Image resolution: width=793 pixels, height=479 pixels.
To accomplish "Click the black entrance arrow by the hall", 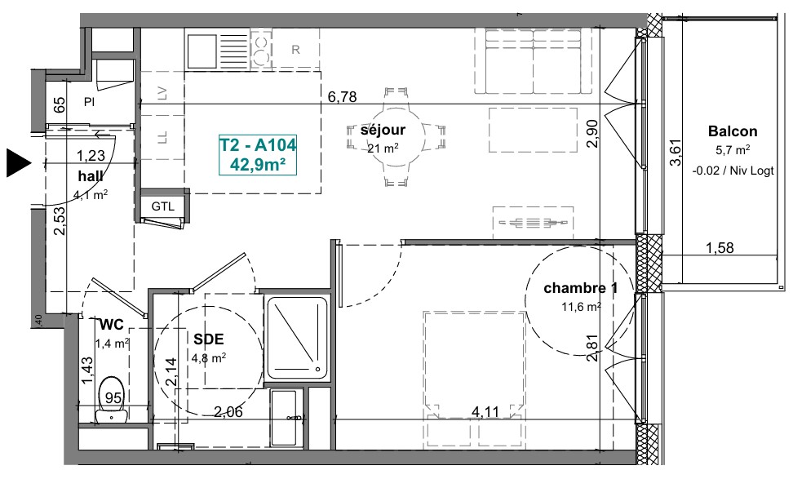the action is [x=18, y=163].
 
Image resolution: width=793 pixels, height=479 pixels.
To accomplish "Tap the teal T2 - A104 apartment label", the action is [x=258, y=144].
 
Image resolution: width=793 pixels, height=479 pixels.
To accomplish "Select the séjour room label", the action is [x=383, y=130].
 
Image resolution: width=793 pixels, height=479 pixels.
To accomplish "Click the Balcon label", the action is [x=733, y=131].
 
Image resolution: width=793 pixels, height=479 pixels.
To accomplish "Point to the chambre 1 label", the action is [x=581, y=288].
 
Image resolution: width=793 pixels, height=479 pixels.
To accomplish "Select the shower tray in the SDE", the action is [x=297, y=339].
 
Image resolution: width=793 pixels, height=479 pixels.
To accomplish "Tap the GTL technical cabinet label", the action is [x=163, y=206].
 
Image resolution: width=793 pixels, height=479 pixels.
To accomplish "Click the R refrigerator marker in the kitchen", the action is [x=296, y=50].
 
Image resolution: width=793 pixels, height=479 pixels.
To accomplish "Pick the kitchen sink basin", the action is [x=202, y=51].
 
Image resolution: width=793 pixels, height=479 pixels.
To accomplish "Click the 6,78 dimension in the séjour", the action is [x=343, y=96].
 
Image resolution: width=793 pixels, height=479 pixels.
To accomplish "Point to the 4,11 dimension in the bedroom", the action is [x=485, y=412].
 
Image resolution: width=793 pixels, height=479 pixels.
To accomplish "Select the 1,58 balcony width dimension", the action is [x=720, y=248].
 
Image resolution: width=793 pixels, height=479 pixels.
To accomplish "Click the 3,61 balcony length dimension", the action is [x=676, y=153].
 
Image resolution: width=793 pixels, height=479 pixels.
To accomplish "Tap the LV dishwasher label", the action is [x=162, y=93].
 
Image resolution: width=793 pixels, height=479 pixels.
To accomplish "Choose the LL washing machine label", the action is [x=162, y=137].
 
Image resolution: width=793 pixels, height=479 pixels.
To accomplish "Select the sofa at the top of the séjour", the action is [x=534, y=61].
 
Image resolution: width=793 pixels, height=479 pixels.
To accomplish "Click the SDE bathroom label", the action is [x=208, y=339].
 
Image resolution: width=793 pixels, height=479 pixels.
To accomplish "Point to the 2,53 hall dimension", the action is [x=60, y=220].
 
